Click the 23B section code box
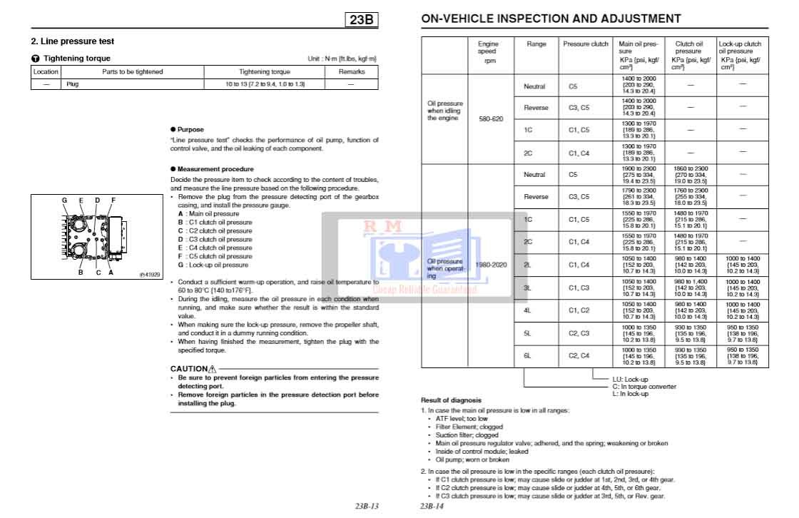362,20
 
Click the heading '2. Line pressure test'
72,41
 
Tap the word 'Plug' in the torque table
72,84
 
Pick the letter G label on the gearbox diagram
64,200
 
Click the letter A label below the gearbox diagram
111,272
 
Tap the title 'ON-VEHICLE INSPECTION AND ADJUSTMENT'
551,19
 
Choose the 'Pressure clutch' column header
586,44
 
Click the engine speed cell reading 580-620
491,118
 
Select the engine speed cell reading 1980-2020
491,265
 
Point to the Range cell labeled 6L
528,355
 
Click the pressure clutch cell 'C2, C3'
579,333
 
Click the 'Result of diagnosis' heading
451,400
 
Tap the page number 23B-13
366,507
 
